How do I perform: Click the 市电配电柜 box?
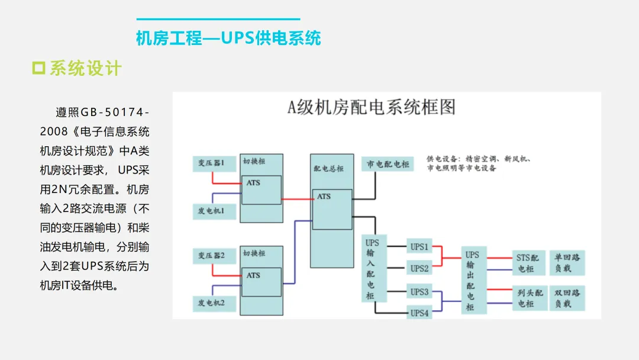tap(388, 164)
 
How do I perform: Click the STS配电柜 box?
tap(529, 263)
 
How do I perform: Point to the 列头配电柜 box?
tap(529, 298)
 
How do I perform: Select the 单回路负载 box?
tap(567, 263)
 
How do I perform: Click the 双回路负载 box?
tap(567, 298)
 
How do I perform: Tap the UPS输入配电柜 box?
tap(373, 269)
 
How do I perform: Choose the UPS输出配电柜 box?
tap(473, 281)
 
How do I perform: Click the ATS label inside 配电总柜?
tap(324, 197)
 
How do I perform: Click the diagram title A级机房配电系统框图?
tap(371, 107)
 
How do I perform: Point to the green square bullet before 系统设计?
tap(39, 69)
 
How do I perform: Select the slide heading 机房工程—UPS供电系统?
tap(228, 38)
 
